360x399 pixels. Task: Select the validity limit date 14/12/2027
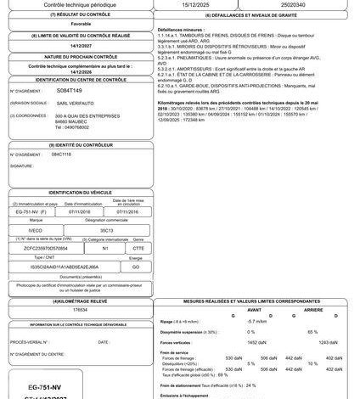[x=74, y=45]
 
